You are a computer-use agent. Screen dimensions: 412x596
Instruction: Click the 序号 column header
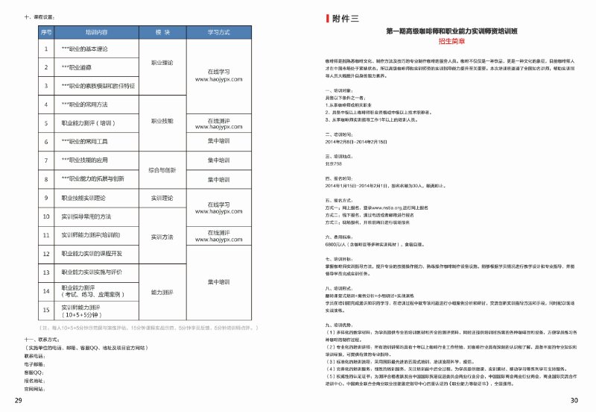[x=45, y=33]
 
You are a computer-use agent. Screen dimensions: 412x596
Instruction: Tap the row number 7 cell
[x=45, y=160]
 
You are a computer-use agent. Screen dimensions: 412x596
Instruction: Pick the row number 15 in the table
[x=45, y=310]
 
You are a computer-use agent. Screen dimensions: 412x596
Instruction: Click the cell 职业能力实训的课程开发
[x=96, y=255]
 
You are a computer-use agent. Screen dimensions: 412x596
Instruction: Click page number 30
[x=574, y=402]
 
